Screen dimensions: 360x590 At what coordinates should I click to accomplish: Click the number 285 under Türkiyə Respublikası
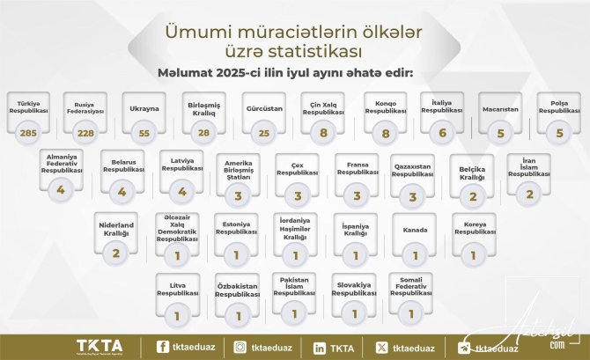click(26, 132)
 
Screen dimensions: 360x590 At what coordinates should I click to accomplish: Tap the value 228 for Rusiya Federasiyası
click(85, 132)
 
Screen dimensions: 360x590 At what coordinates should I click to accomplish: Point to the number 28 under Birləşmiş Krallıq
click(203, 132)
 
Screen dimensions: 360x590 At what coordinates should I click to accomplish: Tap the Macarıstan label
click(499, 109)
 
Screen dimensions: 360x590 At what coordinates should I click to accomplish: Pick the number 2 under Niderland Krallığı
click(116, 253)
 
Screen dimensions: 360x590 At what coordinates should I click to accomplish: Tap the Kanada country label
click(415, 230)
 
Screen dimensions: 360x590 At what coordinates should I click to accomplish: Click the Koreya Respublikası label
click(476, 230)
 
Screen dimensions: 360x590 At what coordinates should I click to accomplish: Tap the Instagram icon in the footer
click(240, 348)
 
